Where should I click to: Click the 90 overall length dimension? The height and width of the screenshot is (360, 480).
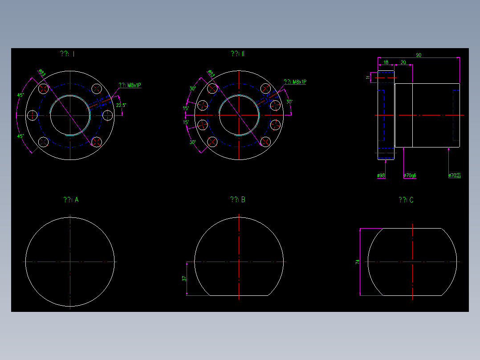click(x=419, y=55)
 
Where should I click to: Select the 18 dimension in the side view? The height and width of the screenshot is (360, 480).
click(x=386, y=62)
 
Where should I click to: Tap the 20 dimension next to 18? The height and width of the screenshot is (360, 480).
click(x=403, y=62)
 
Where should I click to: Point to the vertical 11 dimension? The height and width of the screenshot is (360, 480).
click(x=368, y=78)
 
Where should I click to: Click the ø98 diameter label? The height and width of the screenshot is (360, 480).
click(x=381, y=176)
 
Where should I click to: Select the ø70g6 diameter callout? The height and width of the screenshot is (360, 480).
click(x=410, y=176)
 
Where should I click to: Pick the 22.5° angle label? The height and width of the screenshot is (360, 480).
click(x=121, y=106)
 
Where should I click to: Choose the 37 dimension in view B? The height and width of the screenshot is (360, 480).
click(x=184, y=278)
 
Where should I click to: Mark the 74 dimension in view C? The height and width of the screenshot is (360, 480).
click(x=357, y=262)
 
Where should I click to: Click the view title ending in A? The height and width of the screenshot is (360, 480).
click(x=71, y=200)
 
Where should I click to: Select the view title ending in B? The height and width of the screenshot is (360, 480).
click(x=237, y=200)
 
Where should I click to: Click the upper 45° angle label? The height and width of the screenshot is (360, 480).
click(x=20, y=95)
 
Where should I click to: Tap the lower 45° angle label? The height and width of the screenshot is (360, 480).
click(x=20, y=136)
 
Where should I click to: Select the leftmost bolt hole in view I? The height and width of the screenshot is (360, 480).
click(x=32, y=115)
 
